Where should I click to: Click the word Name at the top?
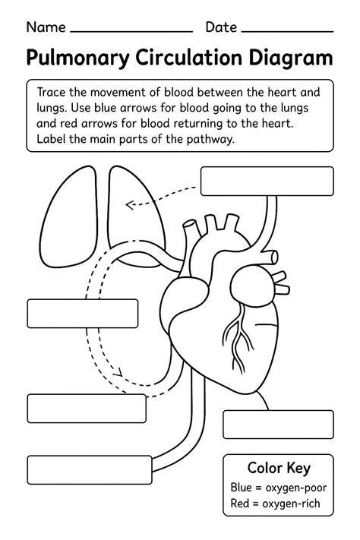click(x=46, y=27)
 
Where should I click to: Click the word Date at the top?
click(x=221, y=27)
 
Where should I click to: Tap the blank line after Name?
click(x=131, y=32)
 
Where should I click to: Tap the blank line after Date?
click(x=287, y=32)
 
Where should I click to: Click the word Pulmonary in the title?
click(x=77, y=58)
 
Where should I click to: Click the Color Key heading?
click(x=279, y=468)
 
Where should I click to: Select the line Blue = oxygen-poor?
click(x=278, y=488)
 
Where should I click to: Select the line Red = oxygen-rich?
click(x=275, y=503)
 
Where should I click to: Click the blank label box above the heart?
click(x=267, y=182)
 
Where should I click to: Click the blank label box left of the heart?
click(x=83, y=314)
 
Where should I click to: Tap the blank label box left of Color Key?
click(x=90, y=469)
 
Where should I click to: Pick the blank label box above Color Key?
click(x=278, y=425)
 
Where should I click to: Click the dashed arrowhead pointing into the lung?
click(x=130, y=205)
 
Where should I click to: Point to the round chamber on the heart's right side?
click(x=252, y=285)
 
